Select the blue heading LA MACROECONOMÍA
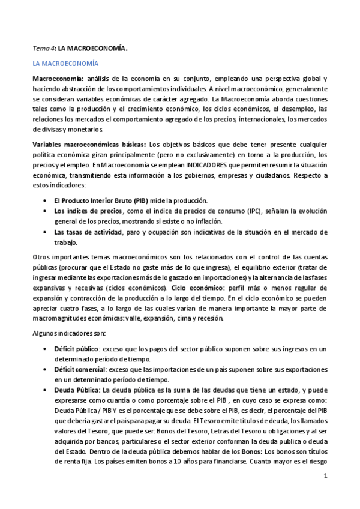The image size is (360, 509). click(x=66, y=63)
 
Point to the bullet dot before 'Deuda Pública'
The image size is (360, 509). click(x=47, y=390)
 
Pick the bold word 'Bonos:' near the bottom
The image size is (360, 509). click(x=251, y=451)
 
